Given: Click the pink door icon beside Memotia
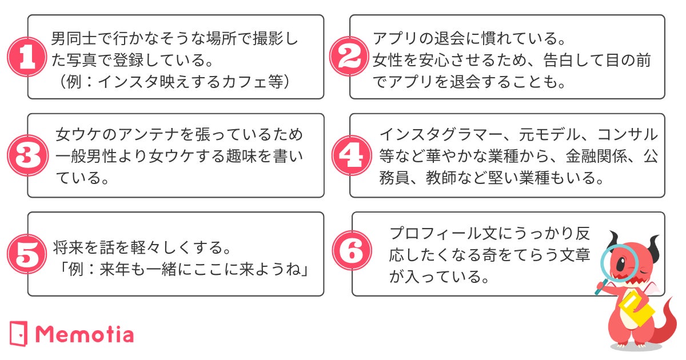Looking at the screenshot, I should coord(19,334).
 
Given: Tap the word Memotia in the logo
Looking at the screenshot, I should coord(85,334).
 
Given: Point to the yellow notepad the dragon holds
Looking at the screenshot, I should coord(636,309).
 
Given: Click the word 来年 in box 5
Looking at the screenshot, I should coord(112,269).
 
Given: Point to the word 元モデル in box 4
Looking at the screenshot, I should coord(548,135).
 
